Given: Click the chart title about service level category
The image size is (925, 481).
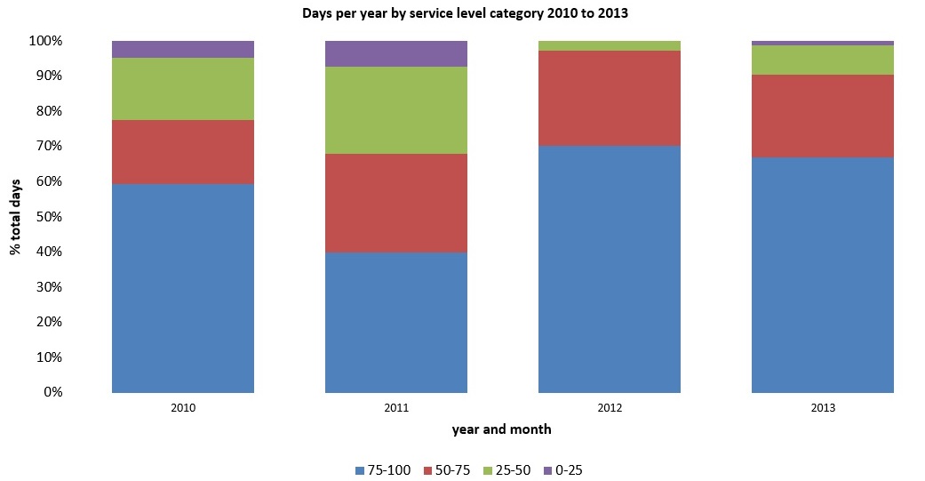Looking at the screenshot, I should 463,12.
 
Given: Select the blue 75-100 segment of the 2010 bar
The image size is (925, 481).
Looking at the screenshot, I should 183,288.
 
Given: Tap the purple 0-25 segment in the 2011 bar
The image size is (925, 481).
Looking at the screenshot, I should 396,53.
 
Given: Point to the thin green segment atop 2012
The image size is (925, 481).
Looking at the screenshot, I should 610,45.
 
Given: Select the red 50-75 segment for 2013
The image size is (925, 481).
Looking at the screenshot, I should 823,116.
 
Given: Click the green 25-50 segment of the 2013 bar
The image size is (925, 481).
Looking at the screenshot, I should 823,60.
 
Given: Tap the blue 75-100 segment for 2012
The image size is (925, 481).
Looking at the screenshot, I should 610,269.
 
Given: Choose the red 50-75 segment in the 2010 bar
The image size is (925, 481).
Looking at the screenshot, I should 183,152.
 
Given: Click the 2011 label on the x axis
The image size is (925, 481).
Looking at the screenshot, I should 396,408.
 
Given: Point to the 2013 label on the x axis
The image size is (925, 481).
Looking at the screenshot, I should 823,408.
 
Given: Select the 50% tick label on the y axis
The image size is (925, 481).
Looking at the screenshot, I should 44,216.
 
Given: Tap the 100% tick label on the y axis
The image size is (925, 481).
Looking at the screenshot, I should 42,41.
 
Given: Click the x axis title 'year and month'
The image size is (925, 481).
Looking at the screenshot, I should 501,429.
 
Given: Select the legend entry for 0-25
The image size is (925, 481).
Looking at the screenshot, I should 562,469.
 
